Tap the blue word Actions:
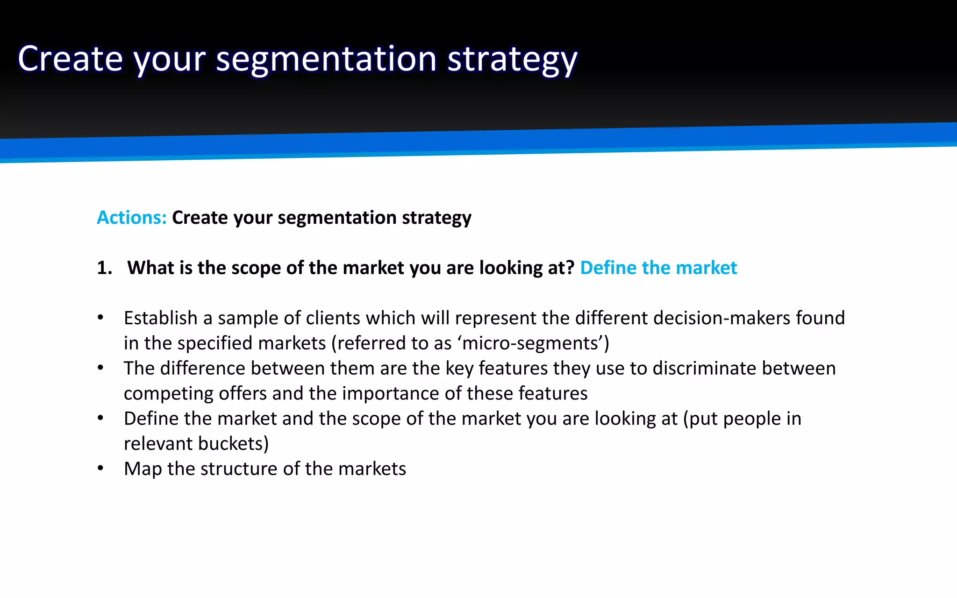click(x=131, y=218)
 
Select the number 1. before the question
click(x=105, y=268)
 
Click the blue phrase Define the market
click(x=658, y=268)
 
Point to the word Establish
click(x=160, y=318)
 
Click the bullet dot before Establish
click(x=100, y=318)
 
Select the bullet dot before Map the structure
click(x=100, y=469)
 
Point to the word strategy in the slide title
click(x=512, y=60)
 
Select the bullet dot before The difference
click(x=100, y=368)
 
